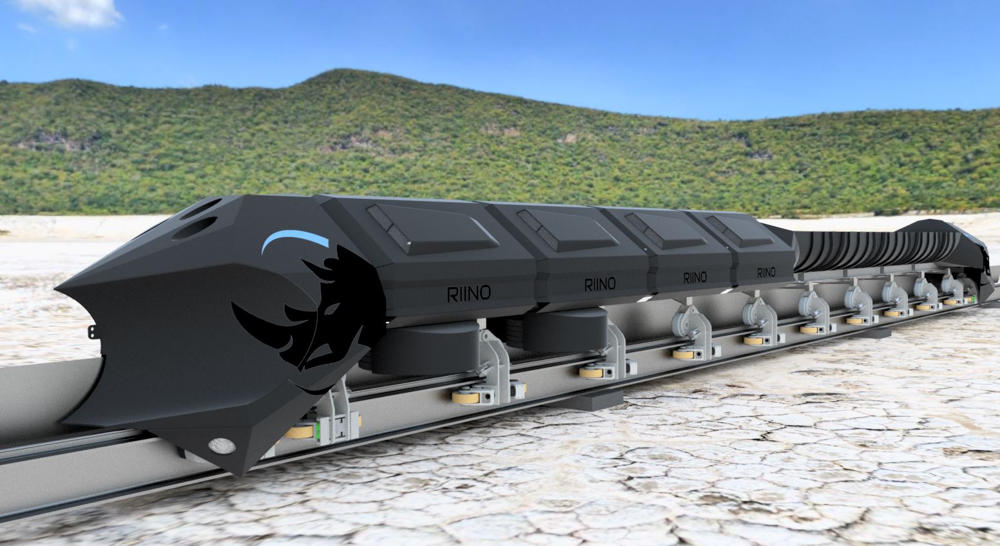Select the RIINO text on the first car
coord(469,293)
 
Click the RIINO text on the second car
coord(600,284)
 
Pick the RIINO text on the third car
coord(695,278)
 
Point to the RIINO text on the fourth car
coord(766,272)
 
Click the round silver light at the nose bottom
coord(222,444)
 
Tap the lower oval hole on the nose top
coord(195,228)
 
